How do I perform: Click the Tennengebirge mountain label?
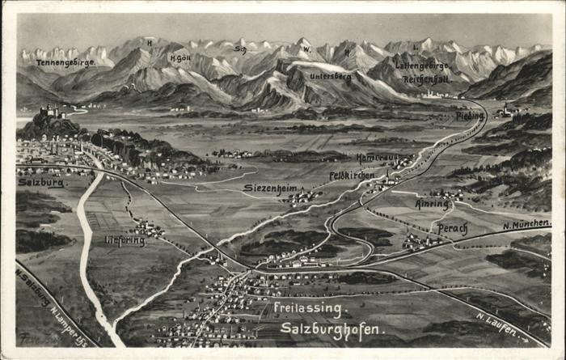(66, 61)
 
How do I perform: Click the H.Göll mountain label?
(180, 58)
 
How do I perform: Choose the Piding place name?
(469, 116)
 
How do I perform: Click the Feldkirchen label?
(351, 175)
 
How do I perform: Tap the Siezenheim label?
(270, 188)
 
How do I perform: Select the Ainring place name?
(433, 205)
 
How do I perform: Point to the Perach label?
(452, 229)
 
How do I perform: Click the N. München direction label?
(526, 224)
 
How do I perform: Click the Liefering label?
(125, 240)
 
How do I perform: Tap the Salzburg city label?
(41, 183)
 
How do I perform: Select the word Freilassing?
(310, 308)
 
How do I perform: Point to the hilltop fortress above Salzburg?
(50, 112)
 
